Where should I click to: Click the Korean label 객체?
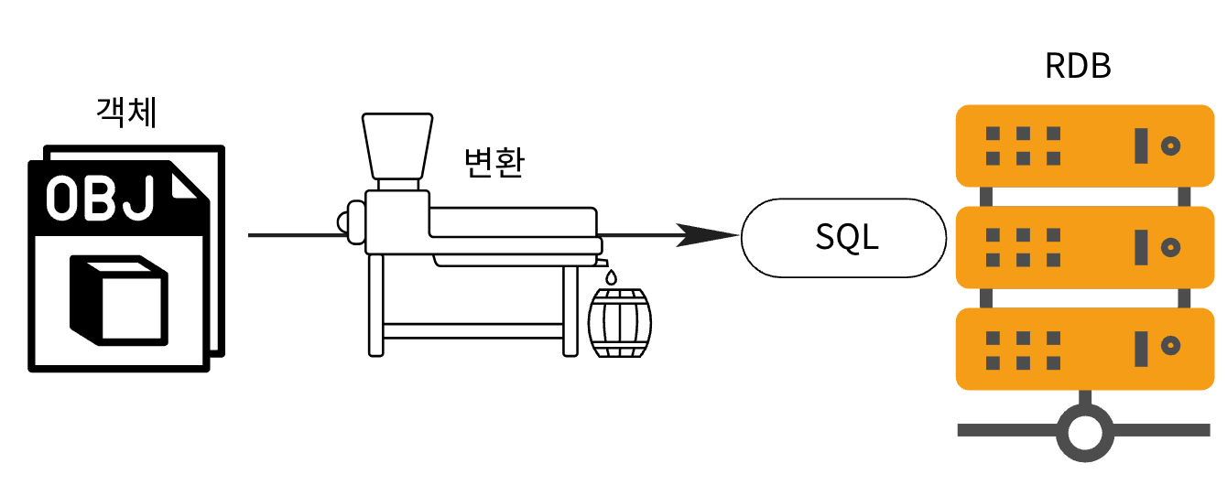click(x=126, y=113)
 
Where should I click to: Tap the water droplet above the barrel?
click(x=611, y=275)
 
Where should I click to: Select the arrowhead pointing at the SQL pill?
click(x=714, y=235)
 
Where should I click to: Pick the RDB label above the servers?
click(x=1079, y=67)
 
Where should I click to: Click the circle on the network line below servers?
click(x=1084, y=429)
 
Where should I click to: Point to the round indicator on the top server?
click(x=1170, y=145)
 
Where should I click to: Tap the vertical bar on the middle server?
click(x=1141, y=246)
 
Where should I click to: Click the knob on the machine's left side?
click(x=344, y=221)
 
